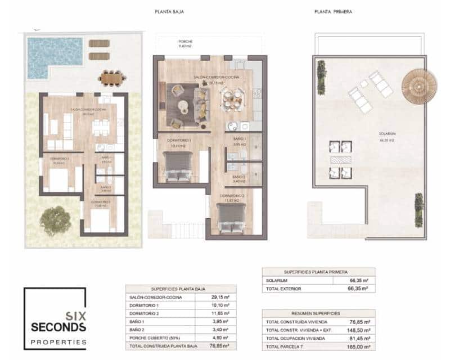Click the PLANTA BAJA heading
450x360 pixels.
[x=169, y=11]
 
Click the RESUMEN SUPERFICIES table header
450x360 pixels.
[x=318, y=313]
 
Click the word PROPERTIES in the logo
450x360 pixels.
[x=58, y=341]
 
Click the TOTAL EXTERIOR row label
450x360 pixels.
[x=283, y=289]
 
